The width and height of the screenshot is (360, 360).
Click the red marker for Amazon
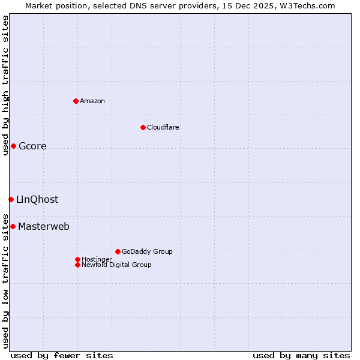(x=76, y=101)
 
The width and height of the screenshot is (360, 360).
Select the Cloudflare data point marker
(x=143, y=127)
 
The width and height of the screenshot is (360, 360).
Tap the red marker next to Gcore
(x=13, y=146)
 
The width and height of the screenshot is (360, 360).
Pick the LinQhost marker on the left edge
(x=11, y=199)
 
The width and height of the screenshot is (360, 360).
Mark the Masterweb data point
(x=13, y=226)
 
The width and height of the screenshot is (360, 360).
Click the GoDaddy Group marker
(x=118, y=251)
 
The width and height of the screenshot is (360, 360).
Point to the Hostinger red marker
(x=77, y=259)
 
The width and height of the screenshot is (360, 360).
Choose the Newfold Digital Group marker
(x=77, y=265)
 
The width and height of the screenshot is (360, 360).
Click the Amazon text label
(x=92, y=101)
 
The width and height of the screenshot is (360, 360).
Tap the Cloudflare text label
(x=163, y=127)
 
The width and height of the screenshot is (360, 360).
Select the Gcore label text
(x=32, y=146)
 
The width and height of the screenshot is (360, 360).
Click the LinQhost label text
(x=37, y=200)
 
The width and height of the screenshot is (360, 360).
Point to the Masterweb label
(x=44, y=227)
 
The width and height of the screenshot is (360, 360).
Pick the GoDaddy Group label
(x=147, y=251)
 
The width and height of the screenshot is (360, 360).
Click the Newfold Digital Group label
(x=117, y=265)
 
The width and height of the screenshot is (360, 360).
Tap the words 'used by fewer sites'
(x=62, y=355)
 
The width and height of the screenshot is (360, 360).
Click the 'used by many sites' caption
(x=301, y=355)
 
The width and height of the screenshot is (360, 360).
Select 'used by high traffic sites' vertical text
(x=5, y=85)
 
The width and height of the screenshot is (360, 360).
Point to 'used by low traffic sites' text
(x=5, y=281)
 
